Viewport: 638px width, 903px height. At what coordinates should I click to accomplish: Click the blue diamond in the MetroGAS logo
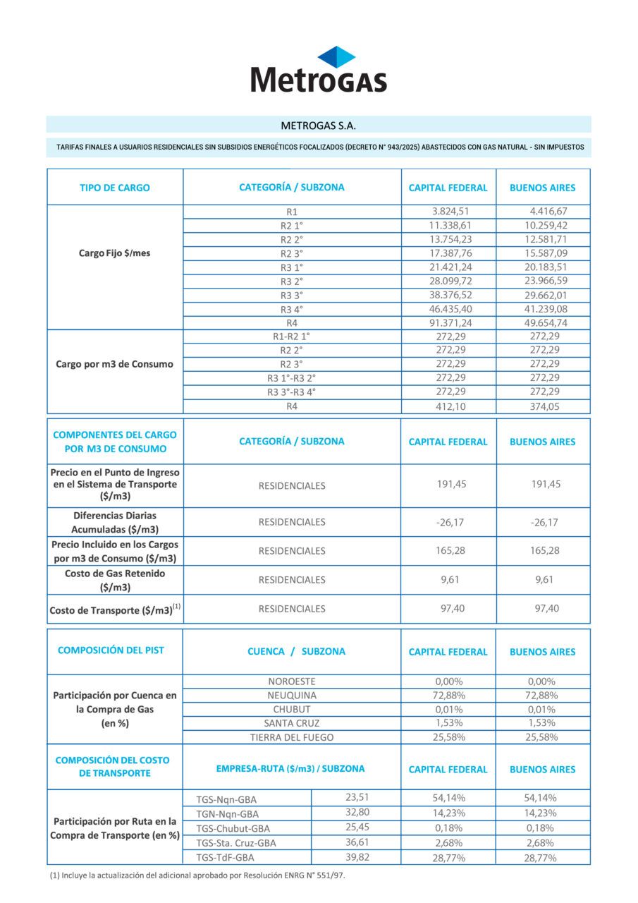(x=336, y=56)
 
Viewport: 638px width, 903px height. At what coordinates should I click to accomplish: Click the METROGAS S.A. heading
(x=319, y=126)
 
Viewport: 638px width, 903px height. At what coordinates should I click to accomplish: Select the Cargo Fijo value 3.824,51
(x=450, y=212)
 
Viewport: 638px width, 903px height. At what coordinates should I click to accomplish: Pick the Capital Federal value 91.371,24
(x=450, y=322)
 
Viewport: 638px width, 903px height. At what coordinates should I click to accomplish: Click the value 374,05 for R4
(x=544, y=406)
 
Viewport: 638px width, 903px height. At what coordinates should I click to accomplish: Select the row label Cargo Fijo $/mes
(x=114, y=253)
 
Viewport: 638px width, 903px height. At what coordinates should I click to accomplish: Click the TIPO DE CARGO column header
(x=114, y=188)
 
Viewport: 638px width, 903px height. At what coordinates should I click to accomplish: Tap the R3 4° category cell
(x=291, y=309)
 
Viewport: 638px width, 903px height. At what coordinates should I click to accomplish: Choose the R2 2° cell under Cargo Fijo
(x=291, y=240)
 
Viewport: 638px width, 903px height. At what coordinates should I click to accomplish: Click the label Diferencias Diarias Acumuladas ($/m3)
(x=114, y=522)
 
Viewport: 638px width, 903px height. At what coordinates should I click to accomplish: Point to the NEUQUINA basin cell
(x=292, y=696)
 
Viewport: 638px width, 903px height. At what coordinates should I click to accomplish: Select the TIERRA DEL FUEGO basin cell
(x=292, y=737)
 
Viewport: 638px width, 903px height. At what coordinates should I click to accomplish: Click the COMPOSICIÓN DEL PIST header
(x=111, y=650)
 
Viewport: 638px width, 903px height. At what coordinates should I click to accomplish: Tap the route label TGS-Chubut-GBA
(x=233, y=828)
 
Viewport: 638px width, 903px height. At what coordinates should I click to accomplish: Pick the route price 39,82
(x=357, y=857)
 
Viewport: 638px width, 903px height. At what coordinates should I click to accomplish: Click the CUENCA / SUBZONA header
(x=296, y=652)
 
